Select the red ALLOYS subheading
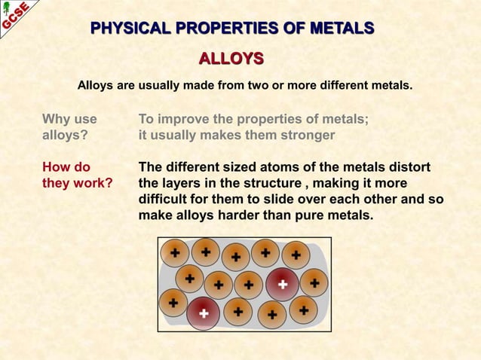(231, 59)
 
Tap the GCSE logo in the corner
(16, 16)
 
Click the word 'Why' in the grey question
(58, 119)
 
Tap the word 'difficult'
(166, 200)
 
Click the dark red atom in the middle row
(282, 284)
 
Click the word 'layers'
(183, 183)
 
